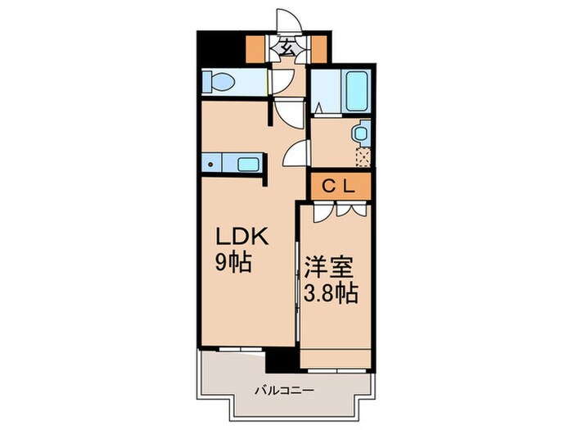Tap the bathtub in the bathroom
pyautogui.click(x=356, y=92)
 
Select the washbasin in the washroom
pyautogui.click(x=360, y=134)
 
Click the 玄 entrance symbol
pyautogui.click(x=287, y=47)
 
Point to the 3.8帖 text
pyautogui.click(x=331, y=293)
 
